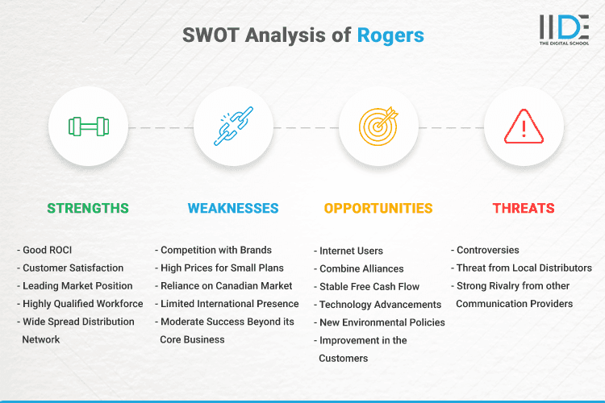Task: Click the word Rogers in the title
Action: (x=390, y=35)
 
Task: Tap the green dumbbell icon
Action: (x=88, y=127)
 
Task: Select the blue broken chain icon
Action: (x=233, y=127)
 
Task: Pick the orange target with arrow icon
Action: (x=378, y=127)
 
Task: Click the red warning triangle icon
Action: (x=524, y=127)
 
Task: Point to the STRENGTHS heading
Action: (x=88, y=208)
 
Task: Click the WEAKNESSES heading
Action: (x=233, y=208)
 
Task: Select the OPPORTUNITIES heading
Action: (x=378, y=208)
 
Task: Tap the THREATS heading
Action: (x=524, y=208)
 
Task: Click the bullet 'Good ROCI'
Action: (x=49, y=250)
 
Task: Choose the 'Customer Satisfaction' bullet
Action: (x=73, y=268)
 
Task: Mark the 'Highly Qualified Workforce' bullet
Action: (x=82, y=304)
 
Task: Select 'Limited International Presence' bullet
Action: (x=229, y=304)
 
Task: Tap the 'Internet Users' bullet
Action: (x=351, y=251)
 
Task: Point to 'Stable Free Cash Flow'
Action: (x=369, y=287)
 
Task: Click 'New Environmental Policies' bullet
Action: (x=382, y=322)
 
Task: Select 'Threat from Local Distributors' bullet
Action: (x=524, y=268)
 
